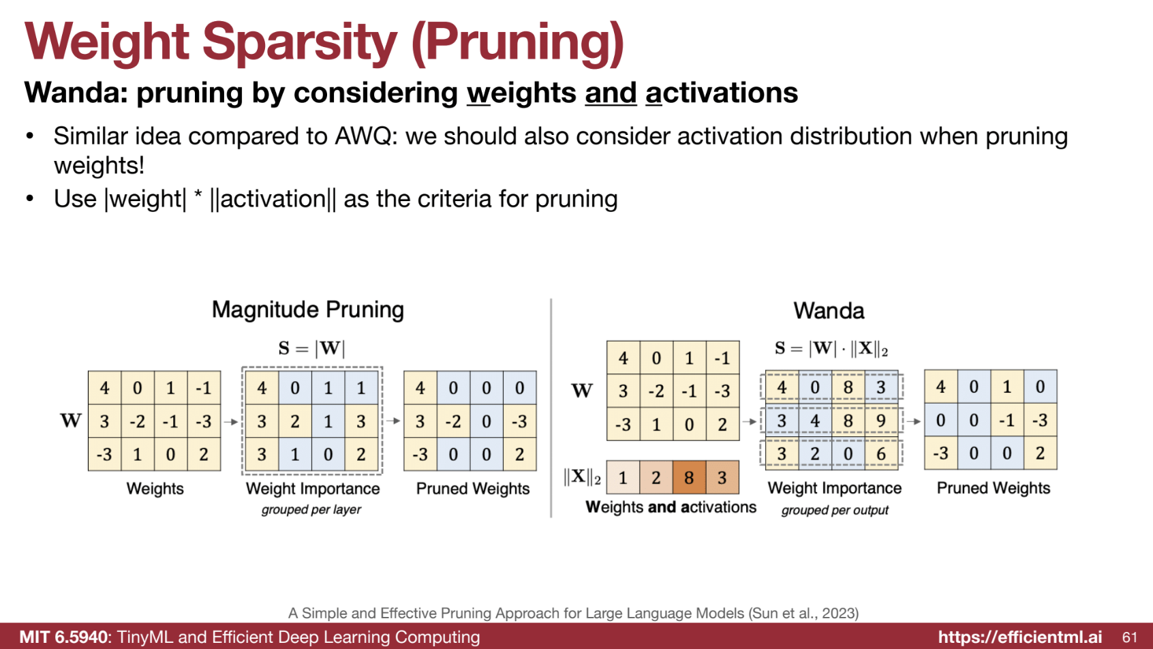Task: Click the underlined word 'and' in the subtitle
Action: (x=611, y=93)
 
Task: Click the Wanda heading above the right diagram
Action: (x=829, y=311)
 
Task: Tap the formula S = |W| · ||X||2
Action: (x=831, y=349)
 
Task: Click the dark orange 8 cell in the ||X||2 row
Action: (x=689, y=477)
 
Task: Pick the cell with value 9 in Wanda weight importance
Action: (x=881, y=421)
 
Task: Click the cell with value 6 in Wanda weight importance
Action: (x=881, y=453)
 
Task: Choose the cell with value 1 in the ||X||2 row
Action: (x=623, y=477)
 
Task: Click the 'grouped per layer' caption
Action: (x=311, y=510)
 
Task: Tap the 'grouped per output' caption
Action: (x=834, y=511)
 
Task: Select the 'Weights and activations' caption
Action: (x=671, y=507)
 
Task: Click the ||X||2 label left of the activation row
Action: (x=582, y=477)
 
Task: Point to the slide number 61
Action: (x=1130, y=637)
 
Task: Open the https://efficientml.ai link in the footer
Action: (x=1020, y=637)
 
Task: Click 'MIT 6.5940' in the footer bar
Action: (x=64, y=637)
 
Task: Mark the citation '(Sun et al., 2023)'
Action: (x=803, y=614)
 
